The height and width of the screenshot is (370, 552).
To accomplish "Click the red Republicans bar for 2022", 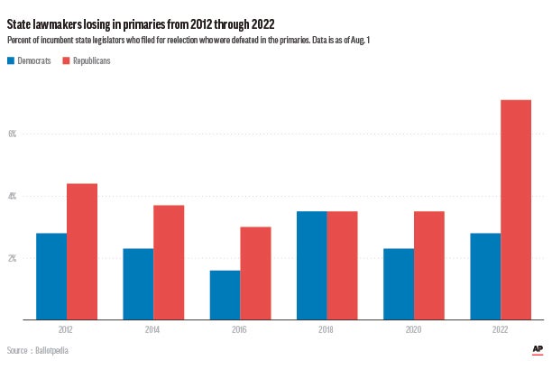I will pyautogui.click(x=516, y=209).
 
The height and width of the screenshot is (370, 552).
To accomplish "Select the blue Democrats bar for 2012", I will pyautogui.click(x=51, y=276).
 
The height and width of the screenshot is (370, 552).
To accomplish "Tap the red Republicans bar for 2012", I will pyautogui.click(x=82, y=252).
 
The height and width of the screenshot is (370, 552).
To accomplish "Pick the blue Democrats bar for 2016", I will pyautogui.click(x=225, y=295).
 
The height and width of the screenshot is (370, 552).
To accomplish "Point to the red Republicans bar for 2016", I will pyautogui.click(x=255, y=273).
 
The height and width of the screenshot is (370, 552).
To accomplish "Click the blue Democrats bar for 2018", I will pyautogui.click(x=312, y=265).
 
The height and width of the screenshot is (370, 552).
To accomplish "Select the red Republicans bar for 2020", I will pyautogui.click(x=429, y=265).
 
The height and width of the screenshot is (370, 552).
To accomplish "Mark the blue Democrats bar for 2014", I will pyautogui.click(x=138, y=284).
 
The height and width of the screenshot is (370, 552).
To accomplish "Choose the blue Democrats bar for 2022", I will pyautogui.click(x=485, y=276).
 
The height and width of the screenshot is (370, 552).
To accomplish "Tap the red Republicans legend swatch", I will pyautogui.click(x=67, y=61).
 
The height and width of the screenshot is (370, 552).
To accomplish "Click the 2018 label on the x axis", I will pyautogui.click(x=327, y=331).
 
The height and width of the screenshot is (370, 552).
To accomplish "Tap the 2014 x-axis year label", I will pyautogui.click(x=152, y=331).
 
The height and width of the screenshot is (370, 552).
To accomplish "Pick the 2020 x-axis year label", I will pyautogui.click(x=414, y=331).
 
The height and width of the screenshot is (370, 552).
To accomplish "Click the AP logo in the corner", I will pyautogui.click(x=538, y=349).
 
